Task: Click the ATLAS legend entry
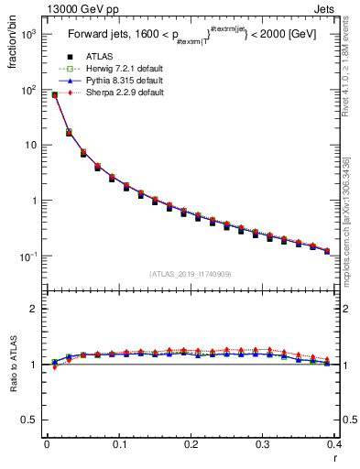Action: [102, 58]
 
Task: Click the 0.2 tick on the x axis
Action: [191, 444]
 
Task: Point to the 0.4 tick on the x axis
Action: [334, 444]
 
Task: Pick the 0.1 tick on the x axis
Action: [118, 444]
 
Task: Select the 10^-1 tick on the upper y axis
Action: [27, 256]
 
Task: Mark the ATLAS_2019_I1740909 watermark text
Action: [190, 273]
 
